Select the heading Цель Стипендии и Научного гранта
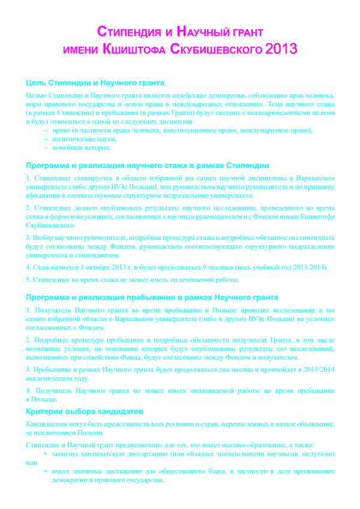(95, 83)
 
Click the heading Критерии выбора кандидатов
(85, 411)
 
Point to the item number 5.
(29, 279)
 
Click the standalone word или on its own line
(31, 463)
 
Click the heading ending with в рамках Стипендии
(147, 165)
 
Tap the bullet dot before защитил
(46, 454)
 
